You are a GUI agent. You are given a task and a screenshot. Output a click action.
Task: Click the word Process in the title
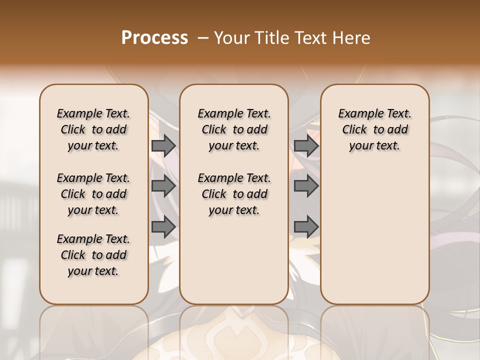[154, 37]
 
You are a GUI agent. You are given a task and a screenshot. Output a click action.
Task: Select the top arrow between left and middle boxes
[163, 145]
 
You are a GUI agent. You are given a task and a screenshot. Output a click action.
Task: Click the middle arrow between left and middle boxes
[163, 186]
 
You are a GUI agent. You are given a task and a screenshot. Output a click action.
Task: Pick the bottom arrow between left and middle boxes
[163, 227]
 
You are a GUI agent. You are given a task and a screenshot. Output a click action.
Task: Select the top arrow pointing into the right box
[306, 145]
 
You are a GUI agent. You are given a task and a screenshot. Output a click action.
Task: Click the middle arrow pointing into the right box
[306, 186]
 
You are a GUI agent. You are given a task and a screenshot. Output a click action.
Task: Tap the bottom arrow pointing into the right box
[306, 227]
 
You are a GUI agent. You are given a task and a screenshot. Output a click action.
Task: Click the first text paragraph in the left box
[93, 129]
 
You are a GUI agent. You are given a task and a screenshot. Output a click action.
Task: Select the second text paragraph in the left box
[93, 194]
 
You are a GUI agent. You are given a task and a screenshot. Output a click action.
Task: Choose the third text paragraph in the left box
[93, 255]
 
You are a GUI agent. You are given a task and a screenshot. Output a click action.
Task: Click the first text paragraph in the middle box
[234, 129]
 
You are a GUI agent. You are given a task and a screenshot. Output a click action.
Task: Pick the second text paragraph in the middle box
[234, 194]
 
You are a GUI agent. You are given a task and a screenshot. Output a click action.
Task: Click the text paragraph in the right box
[374, 129]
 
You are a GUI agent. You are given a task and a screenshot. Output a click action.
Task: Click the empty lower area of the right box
[374, 235]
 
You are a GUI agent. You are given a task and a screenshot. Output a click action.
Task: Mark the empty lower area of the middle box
[234, 260]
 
